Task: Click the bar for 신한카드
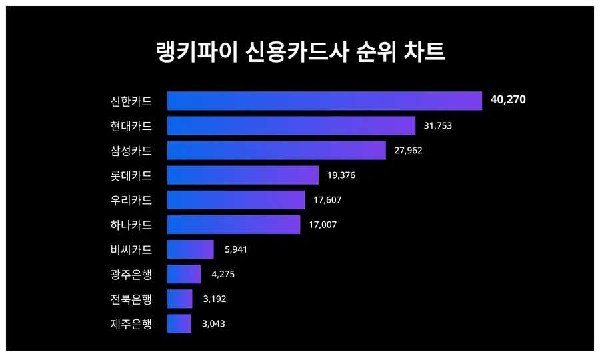[324, 101]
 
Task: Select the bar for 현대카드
[291, 125]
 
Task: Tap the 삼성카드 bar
[276, 150]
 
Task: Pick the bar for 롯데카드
[243, 175]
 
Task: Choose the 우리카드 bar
[236, 200]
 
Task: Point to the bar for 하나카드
[233, 225]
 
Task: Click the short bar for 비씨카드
[190, 249]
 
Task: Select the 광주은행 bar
[183, 274]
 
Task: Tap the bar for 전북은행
[179, 299]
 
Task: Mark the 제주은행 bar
[179, 323]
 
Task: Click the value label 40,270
[508, 100]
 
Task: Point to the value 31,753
[438, 125]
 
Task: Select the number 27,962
[408, 150]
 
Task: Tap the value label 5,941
[236, 249]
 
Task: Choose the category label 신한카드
[131, 101]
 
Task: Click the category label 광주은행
[131, 274]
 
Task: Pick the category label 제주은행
[131, 324]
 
